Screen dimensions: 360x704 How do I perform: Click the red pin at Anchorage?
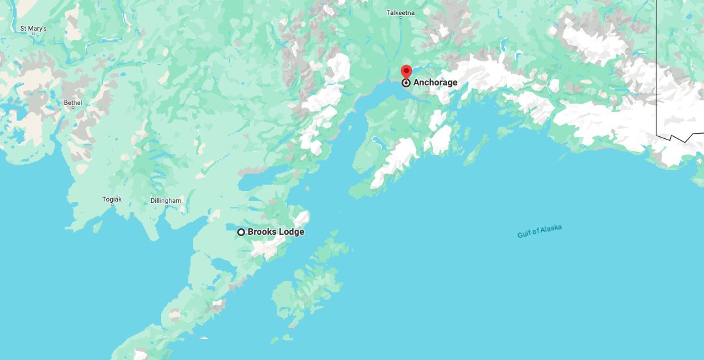(406, 72)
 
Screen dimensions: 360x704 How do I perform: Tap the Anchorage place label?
(435, 83)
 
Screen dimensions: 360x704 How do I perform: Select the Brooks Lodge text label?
(276, 232)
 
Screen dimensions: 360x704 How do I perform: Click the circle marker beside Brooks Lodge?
(241, 232)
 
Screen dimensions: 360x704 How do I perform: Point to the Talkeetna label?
(400, 12)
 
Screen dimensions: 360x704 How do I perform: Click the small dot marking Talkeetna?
(400, 18)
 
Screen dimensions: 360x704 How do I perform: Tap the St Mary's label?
(33, 29)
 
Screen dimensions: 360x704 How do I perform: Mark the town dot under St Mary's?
(33, 35)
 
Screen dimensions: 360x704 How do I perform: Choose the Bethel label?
(73, 102)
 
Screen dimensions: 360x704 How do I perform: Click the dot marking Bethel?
(73, 108)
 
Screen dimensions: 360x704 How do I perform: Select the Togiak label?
(112, 199)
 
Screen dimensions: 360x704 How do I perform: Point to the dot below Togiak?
(112, 205)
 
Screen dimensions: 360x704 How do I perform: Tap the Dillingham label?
(166, 200)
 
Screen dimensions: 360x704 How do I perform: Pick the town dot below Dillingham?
(166, 206)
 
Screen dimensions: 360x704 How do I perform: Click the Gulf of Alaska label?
(540, 232)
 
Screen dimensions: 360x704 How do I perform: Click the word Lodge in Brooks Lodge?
(290, 232)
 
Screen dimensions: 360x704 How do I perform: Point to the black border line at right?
(656, 65)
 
